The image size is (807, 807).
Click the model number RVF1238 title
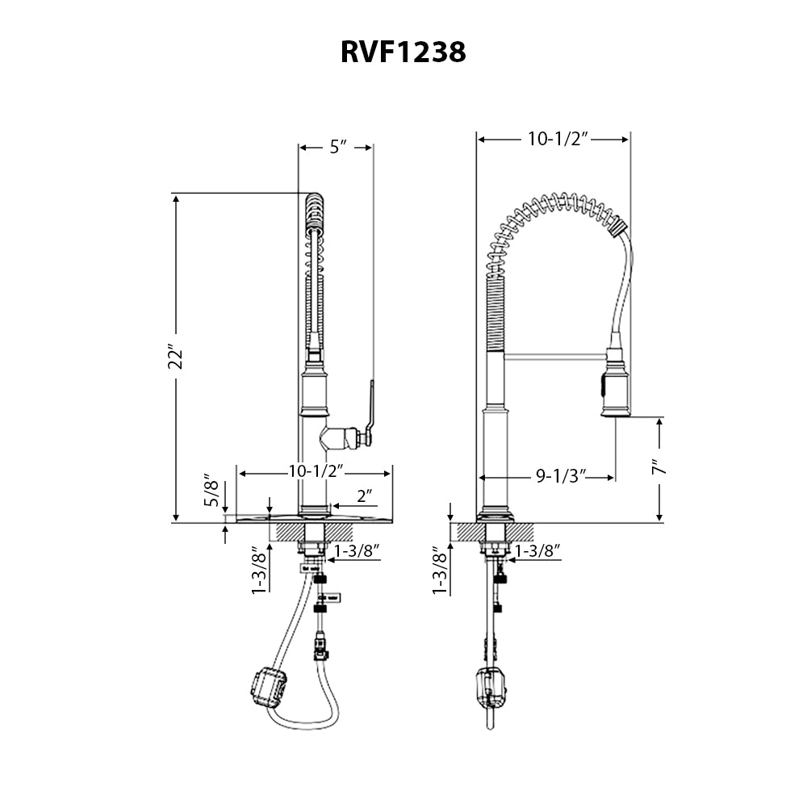click(403, 52)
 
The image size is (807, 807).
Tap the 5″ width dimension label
click(337, 147)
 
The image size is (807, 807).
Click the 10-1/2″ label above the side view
click(554, 139)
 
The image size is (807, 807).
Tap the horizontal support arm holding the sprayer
click(553, 353)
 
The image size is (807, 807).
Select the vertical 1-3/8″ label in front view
click(259, 571)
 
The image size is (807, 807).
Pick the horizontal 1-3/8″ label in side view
click(538, 551)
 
